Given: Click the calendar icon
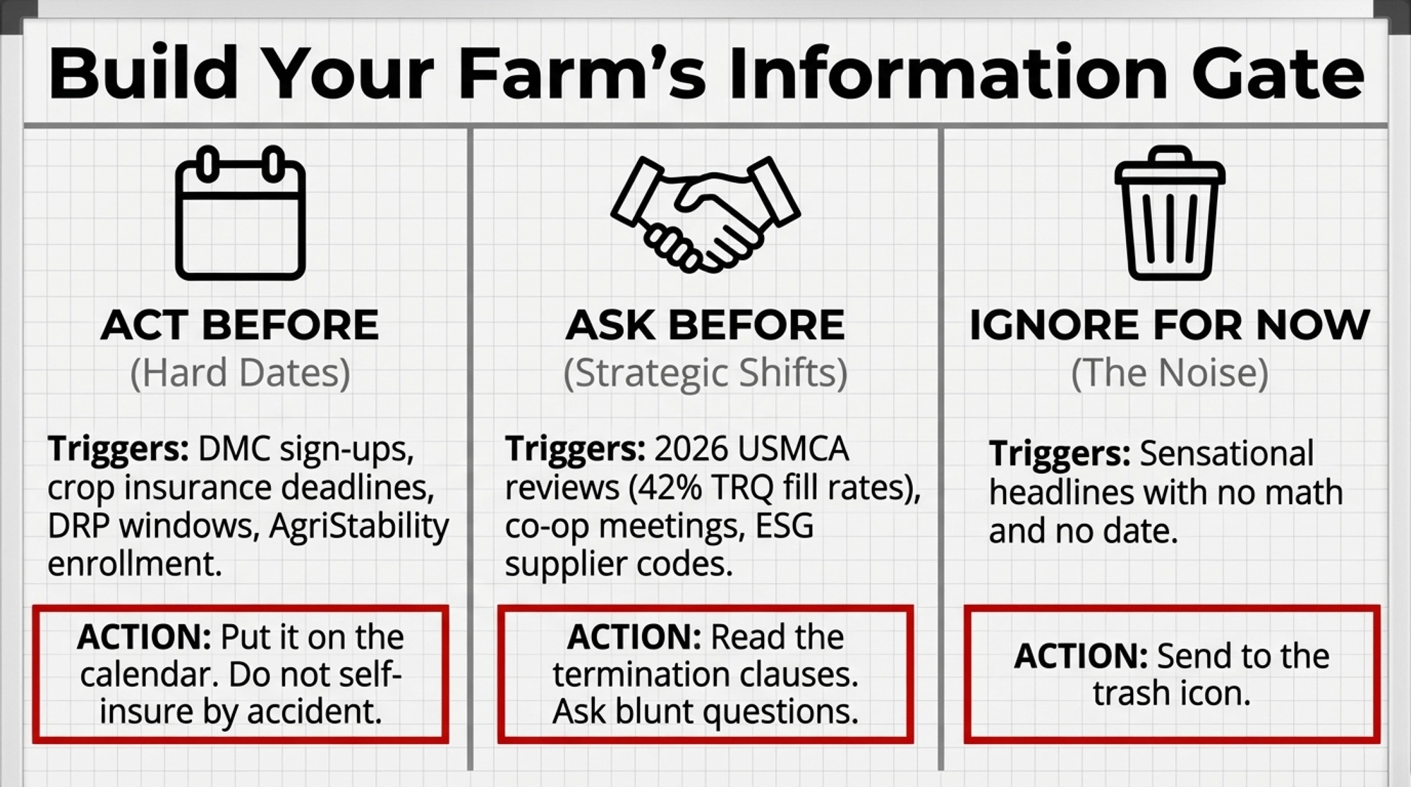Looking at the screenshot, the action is point(240,212).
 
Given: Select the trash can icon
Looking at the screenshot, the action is point(1170,212).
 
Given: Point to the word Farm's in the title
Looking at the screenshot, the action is point(581,73).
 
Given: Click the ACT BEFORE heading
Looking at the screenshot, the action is point(240,325).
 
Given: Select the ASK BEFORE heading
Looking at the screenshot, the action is point(705,325).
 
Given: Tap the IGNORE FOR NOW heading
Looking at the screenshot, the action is point(1170,325).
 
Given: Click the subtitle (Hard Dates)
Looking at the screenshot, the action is point(240,373).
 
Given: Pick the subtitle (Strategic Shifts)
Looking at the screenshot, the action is point(705,373).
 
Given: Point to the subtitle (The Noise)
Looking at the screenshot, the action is point(1170,373).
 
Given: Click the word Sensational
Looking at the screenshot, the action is point(1226,453).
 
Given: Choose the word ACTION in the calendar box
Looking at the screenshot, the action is point(144,637).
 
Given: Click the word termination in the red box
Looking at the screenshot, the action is point(634,675).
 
